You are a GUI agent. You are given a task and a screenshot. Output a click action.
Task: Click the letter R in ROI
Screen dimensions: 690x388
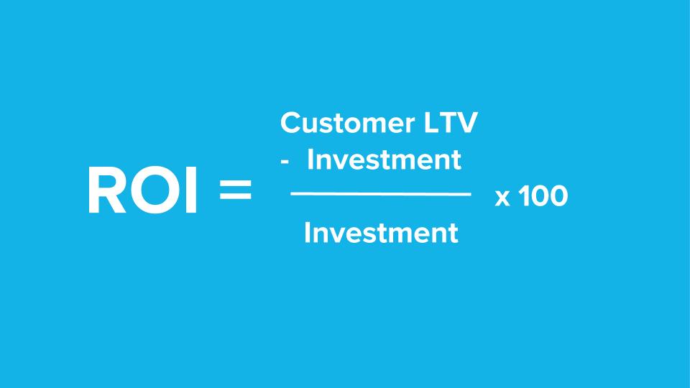click(107, 190)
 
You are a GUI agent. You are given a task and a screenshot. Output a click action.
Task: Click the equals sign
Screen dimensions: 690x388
click(236, 190)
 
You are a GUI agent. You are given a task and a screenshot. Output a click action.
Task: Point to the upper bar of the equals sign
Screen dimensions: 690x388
click(236, 182)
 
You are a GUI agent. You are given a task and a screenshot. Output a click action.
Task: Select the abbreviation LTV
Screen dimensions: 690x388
click(451, 123)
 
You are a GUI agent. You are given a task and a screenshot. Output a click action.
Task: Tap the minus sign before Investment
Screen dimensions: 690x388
click(285, 162)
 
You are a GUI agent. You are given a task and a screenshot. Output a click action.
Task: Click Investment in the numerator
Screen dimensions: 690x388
click(384, 160)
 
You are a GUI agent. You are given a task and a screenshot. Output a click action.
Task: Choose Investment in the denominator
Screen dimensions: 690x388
click(381, 233)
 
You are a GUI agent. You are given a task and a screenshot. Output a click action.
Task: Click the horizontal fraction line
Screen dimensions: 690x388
click(381, 193)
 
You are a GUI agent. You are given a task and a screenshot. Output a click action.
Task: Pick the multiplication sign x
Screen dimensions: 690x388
click(502, 198)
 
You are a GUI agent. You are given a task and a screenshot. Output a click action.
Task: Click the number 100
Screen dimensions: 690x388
click(543, 195)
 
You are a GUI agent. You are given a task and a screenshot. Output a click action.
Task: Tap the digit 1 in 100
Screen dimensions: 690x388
click(524, 195)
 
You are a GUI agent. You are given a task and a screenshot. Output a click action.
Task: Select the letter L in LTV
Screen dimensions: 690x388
click(431, 123)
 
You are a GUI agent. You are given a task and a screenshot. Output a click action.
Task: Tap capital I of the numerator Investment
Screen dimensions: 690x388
click(310, 160)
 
